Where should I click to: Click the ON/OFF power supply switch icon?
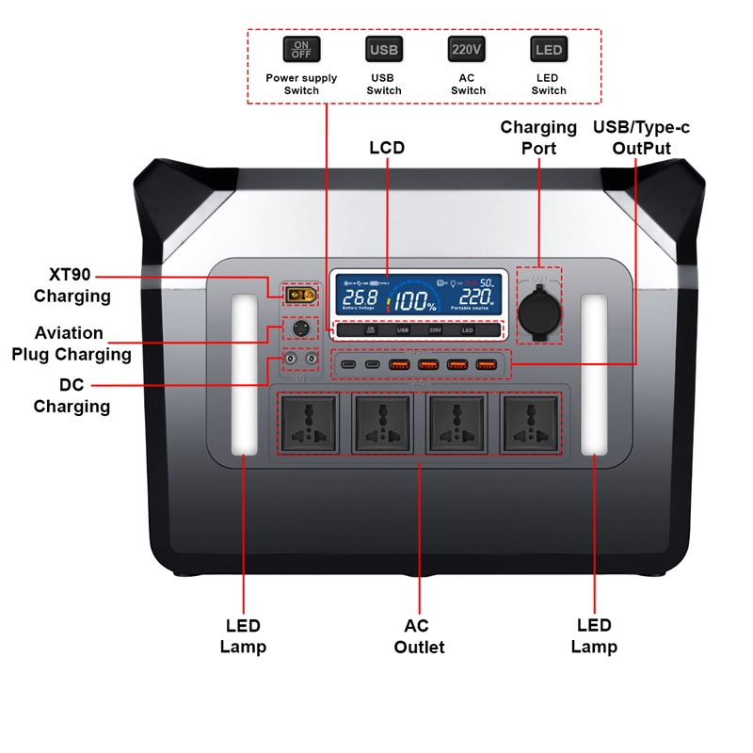(301, 49)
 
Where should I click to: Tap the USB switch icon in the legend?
(383, 49)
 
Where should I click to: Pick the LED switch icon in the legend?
(548, 49)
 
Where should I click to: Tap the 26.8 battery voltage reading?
(360, 296)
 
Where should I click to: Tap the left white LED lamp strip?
(244, 375)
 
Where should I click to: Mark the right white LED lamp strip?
(594, 375)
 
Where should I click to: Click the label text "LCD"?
(387, 148)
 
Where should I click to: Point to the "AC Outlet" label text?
(418, 636)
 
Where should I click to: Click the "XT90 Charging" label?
(72, 285)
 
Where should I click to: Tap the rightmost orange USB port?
(487, 364)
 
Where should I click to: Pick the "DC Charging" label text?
(72, 396)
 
